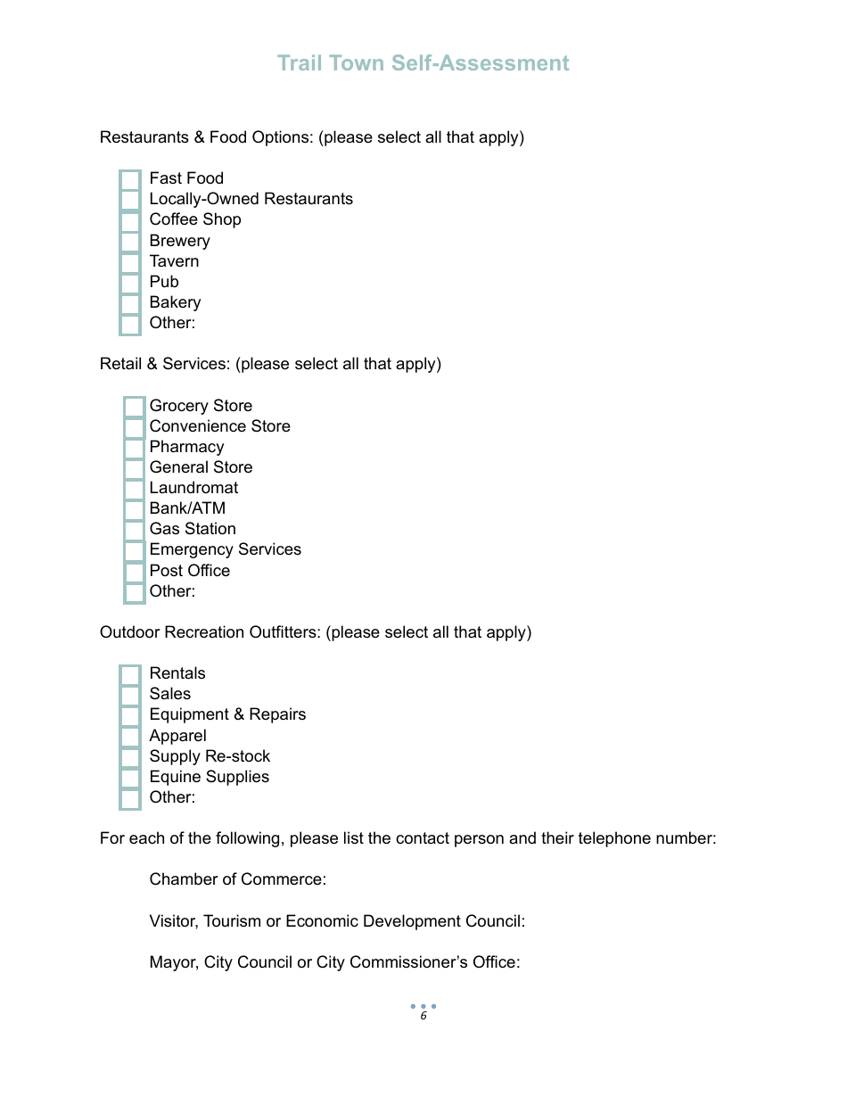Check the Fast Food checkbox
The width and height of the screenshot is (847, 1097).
pos(130,179)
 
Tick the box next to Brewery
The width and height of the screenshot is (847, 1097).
pos(130,242)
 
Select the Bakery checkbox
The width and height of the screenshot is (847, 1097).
pos(130,303)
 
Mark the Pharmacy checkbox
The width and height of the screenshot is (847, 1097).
pos(134,448)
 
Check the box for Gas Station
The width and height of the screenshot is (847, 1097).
pos(134,530)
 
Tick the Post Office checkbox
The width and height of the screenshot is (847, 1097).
pos(134,572)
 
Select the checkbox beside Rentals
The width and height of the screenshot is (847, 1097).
pos(130,674)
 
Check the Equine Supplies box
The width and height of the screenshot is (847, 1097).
pos(130,778)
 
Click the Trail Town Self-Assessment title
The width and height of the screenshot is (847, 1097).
pos(423,63)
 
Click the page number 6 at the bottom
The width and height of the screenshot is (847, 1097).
pos(423,1017)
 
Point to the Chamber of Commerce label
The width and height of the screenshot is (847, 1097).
pos(237,879)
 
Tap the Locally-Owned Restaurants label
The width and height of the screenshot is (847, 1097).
pos(251,199)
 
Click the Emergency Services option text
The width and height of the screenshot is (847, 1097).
pos(225,549)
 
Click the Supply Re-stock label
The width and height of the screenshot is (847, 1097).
pos(210,756)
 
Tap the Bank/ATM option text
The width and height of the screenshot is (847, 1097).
pos(187,508)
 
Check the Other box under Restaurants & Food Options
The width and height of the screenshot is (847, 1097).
pos(130,324)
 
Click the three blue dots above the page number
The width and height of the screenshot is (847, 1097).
pos(423,1006)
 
